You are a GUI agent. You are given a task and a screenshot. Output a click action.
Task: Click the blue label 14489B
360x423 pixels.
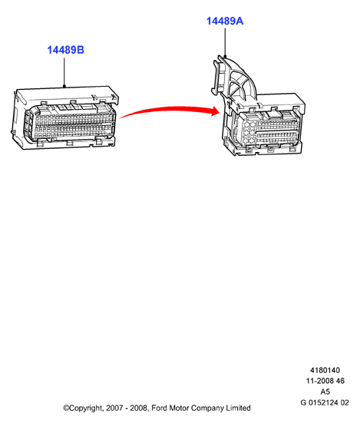click(65, 50)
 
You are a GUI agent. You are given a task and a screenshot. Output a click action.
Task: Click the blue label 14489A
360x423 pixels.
click(225, 21)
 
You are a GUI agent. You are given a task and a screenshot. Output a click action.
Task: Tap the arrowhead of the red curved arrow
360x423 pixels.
click(216, 111)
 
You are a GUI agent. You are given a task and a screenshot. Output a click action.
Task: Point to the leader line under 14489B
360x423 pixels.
click(64, 72)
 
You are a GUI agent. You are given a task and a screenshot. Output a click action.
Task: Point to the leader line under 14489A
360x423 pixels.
click(225, 42)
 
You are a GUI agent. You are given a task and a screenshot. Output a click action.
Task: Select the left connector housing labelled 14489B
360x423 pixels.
click(65, 117)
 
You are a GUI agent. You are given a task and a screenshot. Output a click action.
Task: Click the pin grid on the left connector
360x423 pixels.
click(71, 125)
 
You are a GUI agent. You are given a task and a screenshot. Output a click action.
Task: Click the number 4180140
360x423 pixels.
click(325, 370)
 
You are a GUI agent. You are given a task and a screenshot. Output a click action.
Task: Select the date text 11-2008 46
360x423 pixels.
click(325, 381)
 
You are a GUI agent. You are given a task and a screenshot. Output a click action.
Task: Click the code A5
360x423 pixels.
click(325, 392)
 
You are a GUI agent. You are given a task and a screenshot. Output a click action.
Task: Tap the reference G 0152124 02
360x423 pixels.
click(325, 403)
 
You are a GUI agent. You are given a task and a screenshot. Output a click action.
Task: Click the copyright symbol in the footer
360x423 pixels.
click(66, 408)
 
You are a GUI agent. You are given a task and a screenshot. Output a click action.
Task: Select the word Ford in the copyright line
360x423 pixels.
click(159, 408)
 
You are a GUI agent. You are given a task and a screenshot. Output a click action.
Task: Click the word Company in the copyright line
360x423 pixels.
click(207, 408)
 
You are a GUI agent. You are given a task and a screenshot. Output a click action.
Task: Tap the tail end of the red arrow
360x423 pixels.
click(121, 117)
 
